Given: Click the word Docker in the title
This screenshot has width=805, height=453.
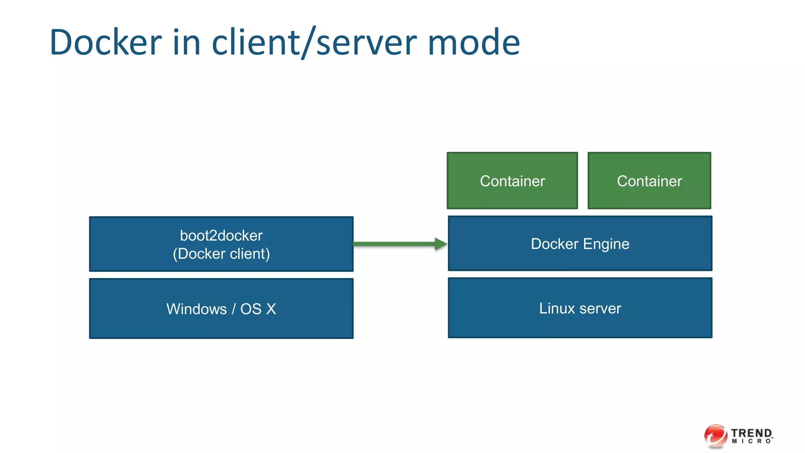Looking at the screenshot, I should coord(105,42).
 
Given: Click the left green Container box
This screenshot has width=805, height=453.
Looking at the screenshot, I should coord(512,181).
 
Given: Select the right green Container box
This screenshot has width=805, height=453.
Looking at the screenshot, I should coord(649,181).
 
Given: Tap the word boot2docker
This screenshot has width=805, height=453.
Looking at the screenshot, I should coord(221,236).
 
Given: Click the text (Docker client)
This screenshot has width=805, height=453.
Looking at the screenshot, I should coord(221,254).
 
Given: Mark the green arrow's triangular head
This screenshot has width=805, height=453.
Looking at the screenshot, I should coord(440,244).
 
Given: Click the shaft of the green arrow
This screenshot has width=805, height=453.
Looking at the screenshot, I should coord(393,244).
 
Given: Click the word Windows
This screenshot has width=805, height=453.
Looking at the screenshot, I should coord(197,309).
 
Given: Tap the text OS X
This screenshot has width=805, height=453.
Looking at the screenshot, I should coord(258,309).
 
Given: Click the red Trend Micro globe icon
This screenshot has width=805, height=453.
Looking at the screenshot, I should coord(715,436).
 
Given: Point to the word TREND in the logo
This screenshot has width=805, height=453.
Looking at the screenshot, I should coord(752,433).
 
